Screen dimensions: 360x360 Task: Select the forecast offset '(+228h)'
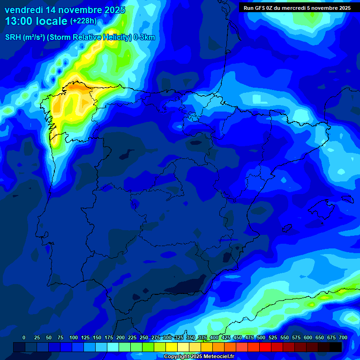coord(83,21)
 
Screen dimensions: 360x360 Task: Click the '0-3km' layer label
coord(144,38)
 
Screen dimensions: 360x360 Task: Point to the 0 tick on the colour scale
coord(24,338)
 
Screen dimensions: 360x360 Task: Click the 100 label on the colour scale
coord(73,338)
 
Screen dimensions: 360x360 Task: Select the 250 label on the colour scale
coord(143,338)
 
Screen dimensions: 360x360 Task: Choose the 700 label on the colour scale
coord(343,338)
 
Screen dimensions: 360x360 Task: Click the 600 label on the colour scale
coord(308,338)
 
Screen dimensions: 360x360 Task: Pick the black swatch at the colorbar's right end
coord(336,347)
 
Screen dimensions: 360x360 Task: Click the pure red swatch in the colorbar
coord(254,347)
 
